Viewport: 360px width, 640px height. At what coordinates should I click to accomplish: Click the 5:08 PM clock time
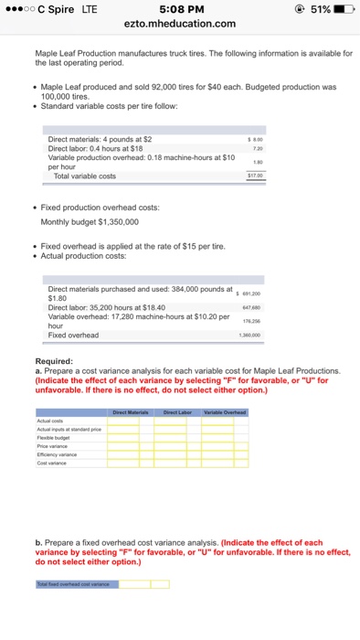click(179, 9)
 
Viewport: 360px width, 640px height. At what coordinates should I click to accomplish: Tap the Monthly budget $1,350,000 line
click(90, 221)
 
